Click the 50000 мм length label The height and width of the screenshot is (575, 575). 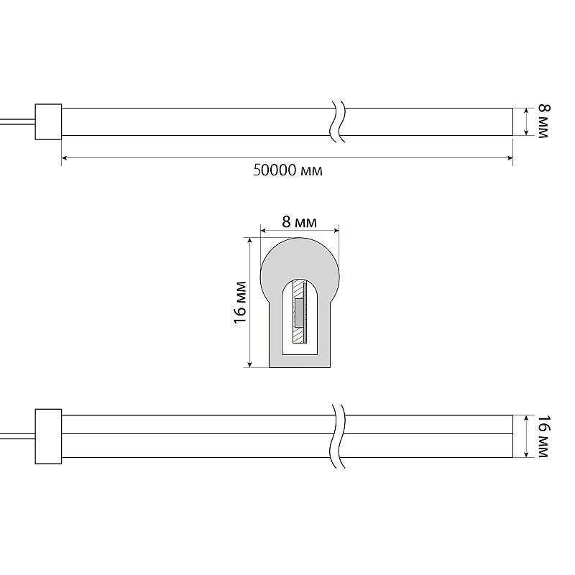tap(288, 170)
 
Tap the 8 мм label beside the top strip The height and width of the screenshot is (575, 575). tap(544, 121)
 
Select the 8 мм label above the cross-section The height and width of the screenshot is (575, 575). tap(299, 222)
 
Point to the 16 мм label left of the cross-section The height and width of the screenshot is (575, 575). tap(239, 303)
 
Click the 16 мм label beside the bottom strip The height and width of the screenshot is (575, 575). tap(544, 436)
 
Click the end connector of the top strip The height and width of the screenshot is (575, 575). tap(48, 121)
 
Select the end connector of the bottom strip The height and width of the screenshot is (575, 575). tap(48, 436)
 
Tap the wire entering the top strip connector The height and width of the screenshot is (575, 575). tap(17, 121)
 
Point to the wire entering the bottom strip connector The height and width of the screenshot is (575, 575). tap(17, 436)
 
